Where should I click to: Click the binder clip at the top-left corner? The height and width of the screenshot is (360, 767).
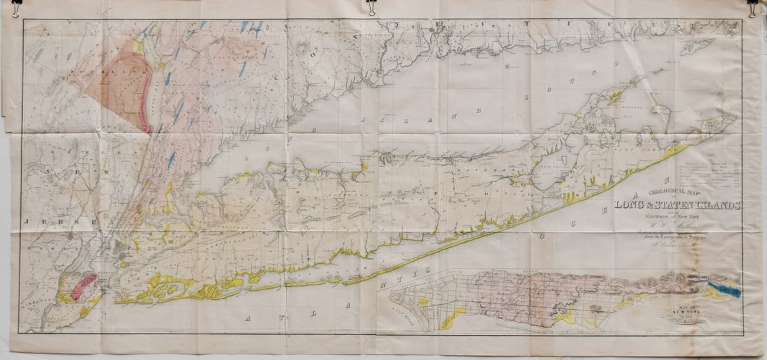click(x=15, y=8)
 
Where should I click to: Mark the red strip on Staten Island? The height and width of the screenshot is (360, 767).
click(x=83, y=284)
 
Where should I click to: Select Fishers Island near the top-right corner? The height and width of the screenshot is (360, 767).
click(x=700, y=45)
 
